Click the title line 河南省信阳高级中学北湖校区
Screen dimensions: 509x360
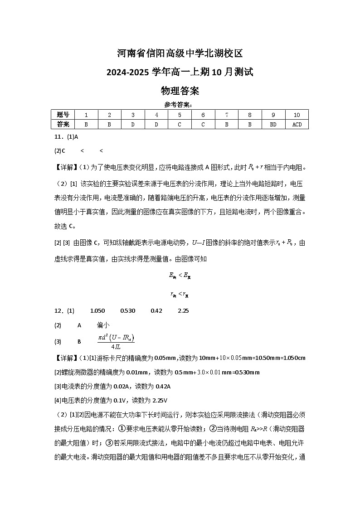pyautogui.click(x=180, y=53)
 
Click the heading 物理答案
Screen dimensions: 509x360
pyautogui.click(x=180, y=91)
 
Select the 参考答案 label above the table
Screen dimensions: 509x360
pyautogui.click(x=180, y=105)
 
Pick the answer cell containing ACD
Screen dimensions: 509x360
pyautogui.click(x=297, y=124)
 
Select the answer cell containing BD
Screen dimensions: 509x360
pyautogui.click(x=273, y=124)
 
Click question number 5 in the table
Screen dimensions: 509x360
pyautogui.click(x=180, y=115)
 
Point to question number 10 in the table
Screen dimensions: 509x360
pyautogui.click(x=297, y=115)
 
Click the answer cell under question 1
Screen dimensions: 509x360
pyautogui.click(x=86, y=124)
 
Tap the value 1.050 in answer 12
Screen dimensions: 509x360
pyautogui.click(x=97, y=311)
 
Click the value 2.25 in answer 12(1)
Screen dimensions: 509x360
pyautogui.click(x=183, y=311)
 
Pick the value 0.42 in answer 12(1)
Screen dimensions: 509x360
pyautogui.click(x=156, y=311)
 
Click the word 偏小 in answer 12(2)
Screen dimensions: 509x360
pyautogui.click(x=103, y=325)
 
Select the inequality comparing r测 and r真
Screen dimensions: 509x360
pyautogui.click(x=180, y=294)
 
